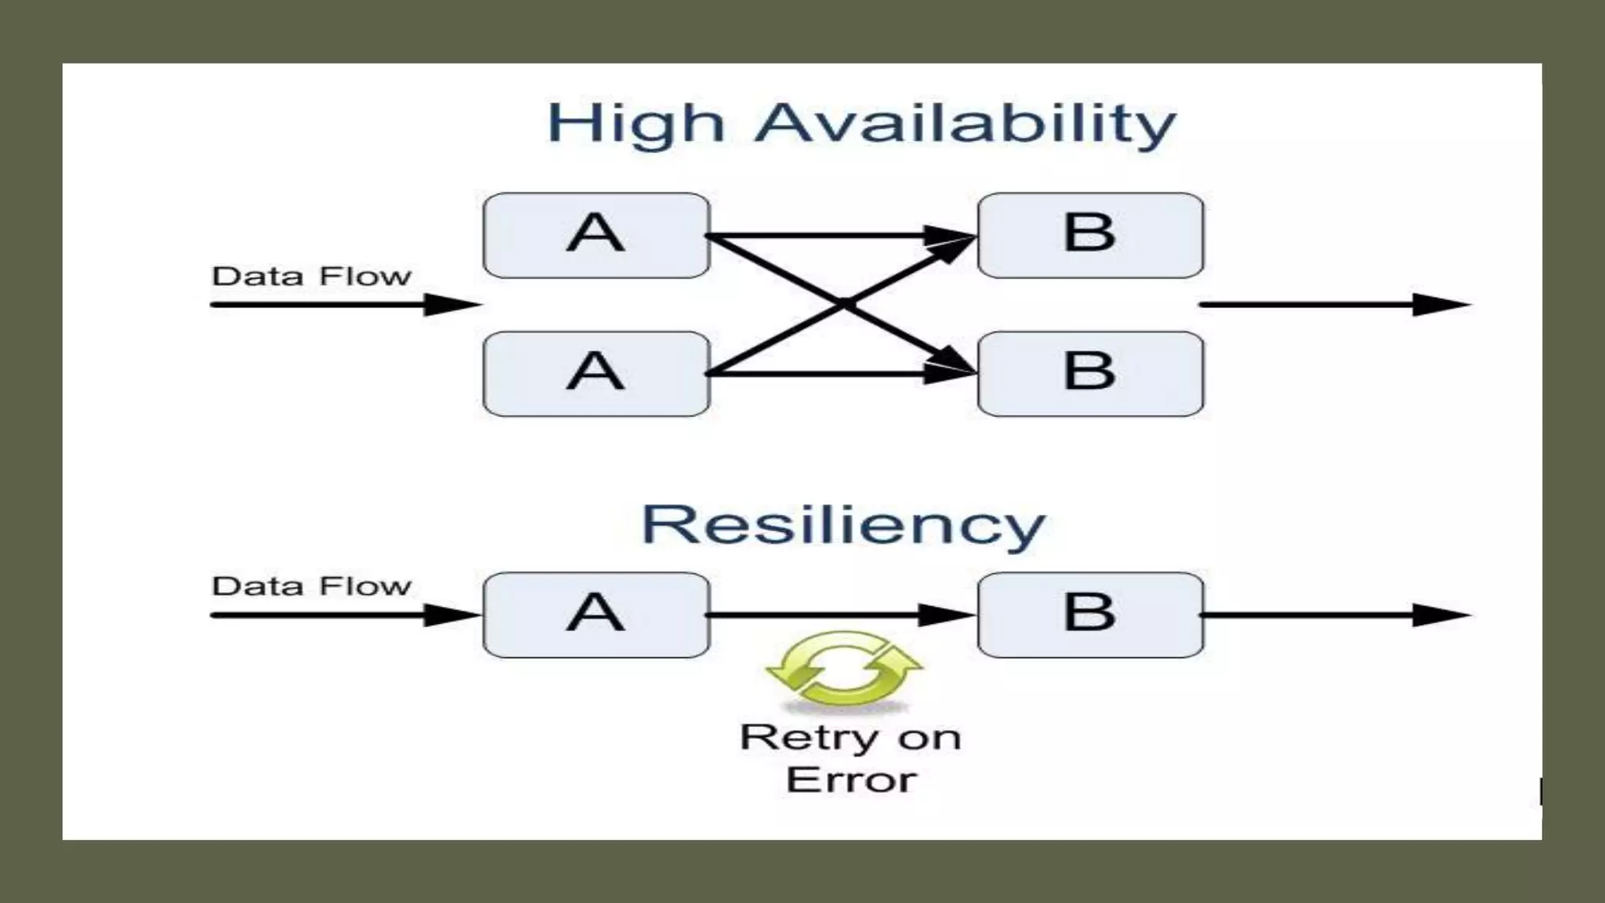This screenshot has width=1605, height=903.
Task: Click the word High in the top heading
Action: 636,125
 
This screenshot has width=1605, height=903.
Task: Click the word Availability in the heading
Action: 965,125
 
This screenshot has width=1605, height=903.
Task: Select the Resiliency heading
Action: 843,524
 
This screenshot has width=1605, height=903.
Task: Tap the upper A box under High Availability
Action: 596,235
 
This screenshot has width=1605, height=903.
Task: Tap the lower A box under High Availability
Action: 596,374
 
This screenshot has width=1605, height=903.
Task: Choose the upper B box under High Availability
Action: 1090,235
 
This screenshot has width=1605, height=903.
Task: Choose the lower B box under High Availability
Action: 1090,374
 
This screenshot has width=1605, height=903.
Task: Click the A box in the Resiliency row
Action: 596,615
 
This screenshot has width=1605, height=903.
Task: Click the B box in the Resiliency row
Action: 1090,615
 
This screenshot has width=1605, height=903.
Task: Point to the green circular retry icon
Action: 844,670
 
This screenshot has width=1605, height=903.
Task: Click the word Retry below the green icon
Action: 809,738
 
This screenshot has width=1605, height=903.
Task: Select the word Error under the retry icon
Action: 851,780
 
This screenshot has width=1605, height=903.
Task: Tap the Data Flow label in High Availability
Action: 311,276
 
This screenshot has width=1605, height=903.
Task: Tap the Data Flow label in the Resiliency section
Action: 311,586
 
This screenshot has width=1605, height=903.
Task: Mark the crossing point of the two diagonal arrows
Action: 843,304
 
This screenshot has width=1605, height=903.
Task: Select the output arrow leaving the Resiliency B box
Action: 1332,615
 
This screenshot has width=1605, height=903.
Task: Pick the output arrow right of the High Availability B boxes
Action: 1332,304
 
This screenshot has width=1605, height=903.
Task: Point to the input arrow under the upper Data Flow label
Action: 345,304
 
